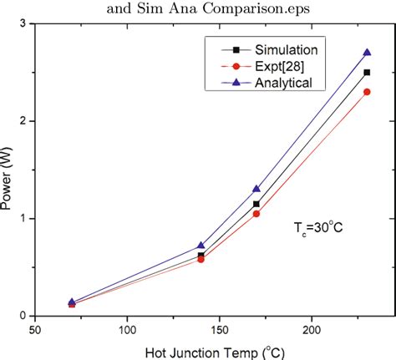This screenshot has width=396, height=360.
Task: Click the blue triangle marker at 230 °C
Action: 367,52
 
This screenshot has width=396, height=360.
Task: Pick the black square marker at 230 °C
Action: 367,72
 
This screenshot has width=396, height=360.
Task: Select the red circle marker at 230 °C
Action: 367,91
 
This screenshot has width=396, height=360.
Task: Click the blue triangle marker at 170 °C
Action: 256,189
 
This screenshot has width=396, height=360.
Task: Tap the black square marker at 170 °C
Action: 256,204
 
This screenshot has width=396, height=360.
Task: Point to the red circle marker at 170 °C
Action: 256,214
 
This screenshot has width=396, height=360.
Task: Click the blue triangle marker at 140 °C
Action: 201,246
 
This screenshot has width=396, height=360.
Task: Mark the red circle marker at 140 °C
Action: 201,260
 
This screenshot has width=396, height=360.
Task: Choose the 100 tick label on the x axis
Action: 126,329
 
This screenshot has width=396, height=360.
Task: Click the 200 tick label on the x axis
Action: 312,329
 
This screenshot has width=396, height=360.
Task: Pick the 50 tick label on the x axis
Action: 35,329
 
